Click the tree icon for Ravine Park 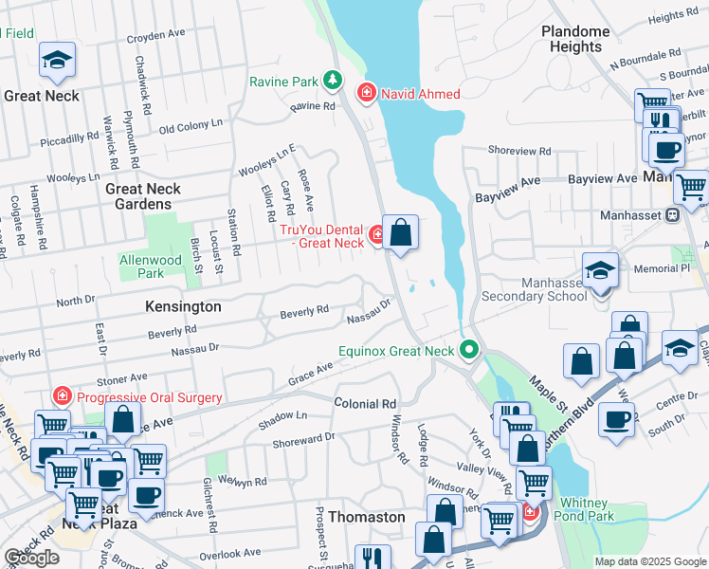tap(332, 81)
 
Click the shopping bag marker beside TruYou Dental tap(400, 232)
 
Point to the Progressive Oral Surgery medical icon tap(63, 396)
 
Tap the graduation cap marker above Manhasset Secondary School tap(600, 271)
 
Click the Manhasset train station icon tap(673, 214)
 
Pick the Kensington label tap(183, 307)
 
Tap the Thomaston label tap(366, 517)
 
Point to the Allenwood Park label tap(150, 266)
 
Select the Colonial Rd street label tap(365, 403)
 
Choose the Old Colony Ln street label tap(191, 125)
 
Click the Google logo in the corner tap(31, 558)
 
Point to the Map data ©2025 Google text tap(650, 562)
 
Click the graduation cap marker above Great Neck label tap(57, 62)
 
